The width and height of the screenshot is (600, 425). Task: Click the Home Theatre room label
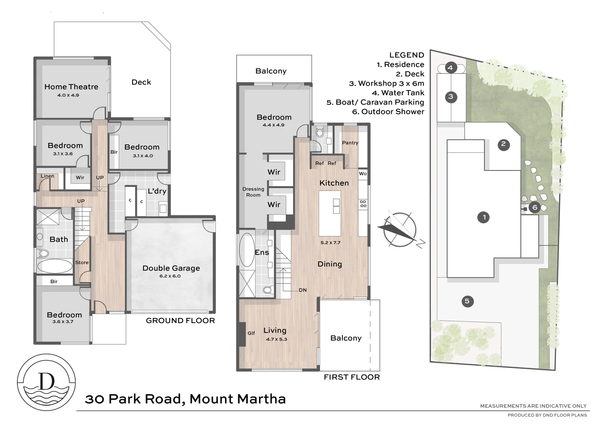tap(71, 87)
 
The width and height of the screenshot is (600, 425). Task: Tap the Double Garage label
tap(171, 268)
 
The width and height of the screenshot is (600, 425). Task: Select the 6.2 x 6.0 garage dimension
tap(170, 276)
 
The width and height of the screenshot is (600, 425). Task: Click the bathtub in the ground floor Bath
tap(55, 266)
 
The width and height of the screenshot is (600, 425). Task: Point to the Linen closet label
tap(47, 176)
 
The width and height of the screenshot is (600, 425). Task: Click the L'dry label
tap(157, 191)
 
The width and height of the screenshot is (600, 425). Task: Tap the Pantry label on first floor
tap(350, 143)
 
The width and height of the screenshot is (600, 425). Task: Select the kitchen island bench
tap(329, 213)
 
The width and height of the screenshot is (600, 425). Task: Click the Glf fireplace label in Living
tap(251, 333)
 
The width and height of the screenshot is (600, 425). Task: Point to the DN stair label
tap(302, 290)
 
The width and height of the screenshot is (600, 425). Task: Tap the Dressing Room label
tap(253, 192)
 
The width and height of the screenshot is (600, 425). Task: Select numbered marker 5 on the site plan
tap(467, 301)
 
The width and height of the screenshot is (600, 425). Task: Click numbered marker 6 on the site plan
tap(534, 207)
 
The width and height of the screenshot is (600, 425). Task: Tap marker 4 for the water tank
tap(451, 68)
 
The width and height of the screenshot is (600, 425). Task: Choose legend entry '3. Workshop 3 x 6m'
tap(387, 83)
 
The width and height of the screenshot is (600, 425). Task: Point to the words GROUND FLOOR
tap(180, 321)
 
